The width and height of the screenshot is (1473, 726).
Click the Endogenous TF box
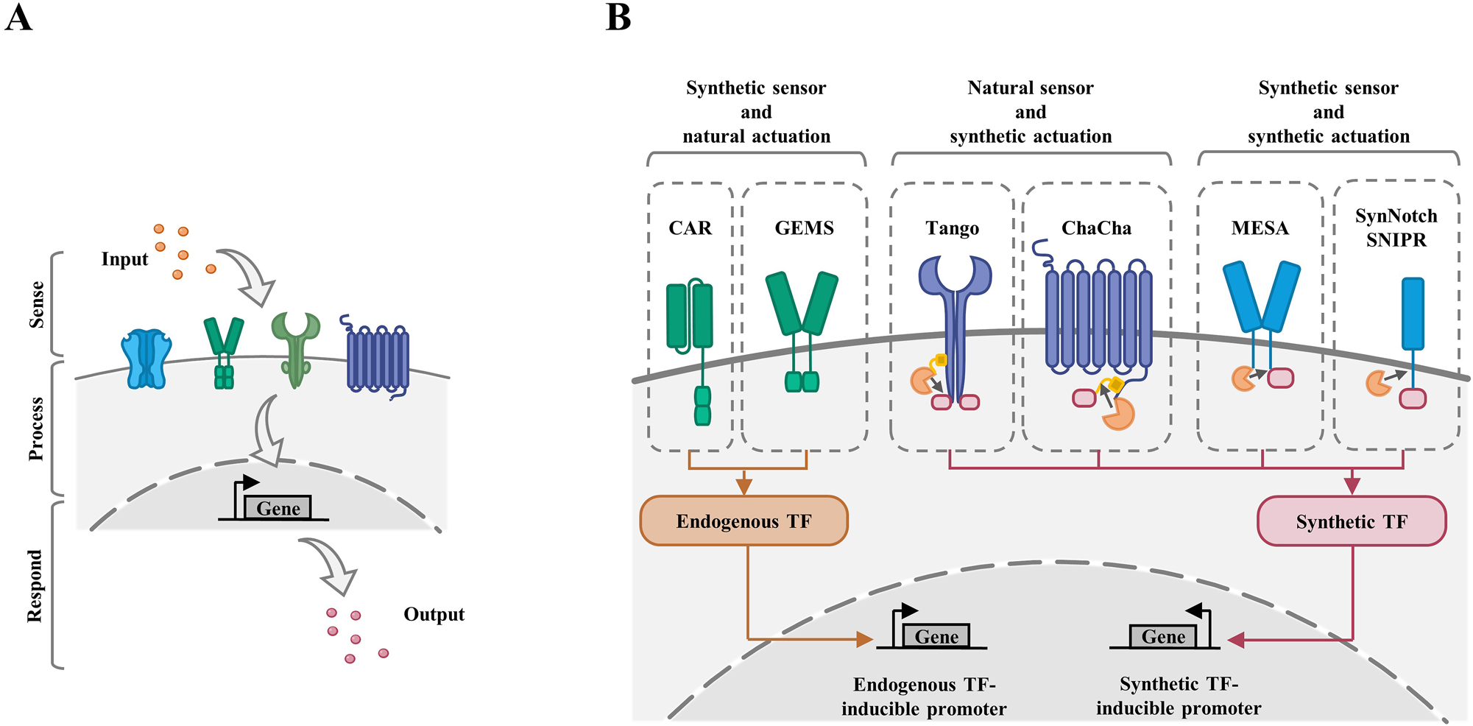click(x=743, y=521)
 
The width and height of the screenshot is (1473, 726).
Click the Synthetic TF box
click(x=1352, y=521)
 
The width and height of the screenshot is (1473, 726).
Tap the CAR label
click(x=690, y=228)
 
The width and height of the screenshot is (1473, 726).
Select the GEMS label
click(x=804, y=228)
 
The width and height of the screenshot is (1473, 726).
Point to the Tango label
click(x=952, y=228)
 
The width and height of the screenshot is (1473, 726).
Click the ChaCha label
click(x=1096, y=228)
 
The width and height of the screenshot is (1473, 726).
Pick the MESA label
click(x=1260, y=228)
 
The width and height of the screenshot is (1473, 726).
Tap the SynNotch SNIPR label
click(x=1396, y=228)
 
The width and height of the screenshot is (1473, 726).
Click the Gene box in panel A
click(x=278, y=508)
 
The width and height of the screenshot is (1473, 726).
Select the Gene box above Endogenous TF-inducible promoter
click(x=936, y=636)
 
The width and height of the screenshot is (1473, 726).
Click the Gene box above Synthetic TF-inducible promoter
click(x=1163, y=636)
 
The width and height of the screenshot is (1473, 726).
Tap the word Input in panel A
click(x=124, y=259)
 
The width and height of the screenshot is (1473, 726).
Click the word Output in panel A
click(x=434, y=614)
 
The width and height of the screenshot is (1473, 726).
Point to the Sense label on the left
click(x=36, y=304)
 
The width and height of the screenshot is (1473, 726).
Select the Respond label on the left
click(x=35, y=585)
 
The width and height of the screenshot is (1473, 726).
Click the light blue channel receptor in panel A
click(x=146, y=359)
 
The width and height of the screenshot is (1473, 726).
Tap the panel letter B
click(x=618, y=18)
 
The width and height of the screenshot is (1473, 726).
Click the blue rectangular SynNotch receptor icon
click(x=1412, y=313)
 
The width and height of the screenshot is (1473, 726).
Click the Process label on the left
click(x=36, y=429)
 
